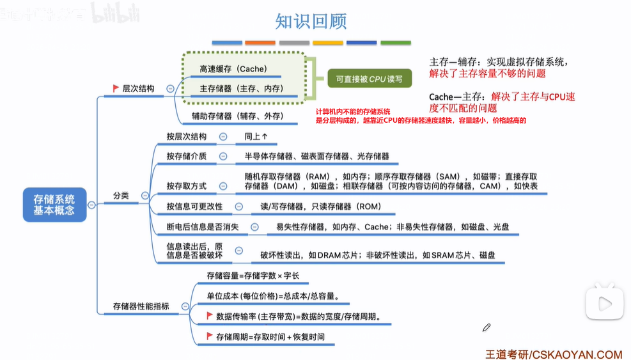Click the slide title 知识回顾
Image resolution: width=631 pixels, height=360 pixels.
pyautogui.click(x=311, y=21)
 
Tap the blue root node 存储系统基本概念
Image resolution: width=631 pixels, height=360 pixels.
pyautogui.click(x=54, y=205)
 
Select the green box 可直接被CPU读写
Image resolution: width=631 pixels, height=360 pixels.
pyautogui.click(x=369, y=79)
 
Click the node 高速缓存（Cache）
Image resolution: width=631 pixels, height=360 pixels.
pyautogui.click(x=233, y=68)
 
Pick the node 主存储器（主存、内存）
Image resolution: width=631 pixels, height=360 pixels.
pyautogui.click(x=241, y=88)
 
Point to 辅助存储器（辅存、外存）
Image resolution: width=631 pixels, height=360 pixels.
pyautogui.click(x=237, y=116)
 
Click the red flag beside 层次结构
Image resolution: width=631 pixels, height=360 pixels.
pyautogui.click(x=116, y=88)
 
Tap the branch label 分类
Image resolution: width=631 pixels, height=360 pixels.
pyautogui.click(x=121, y=195)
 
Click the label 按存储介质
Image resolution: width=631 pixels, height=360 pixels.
pyautogui.click(x=187, y=156)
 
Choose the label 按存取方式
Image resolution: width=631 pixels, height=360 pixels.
pyautogui.click(x=187, y=185)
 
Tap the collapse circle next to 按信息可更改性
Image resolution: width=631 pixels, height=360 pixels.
pyautogui.click(x=238, y=206)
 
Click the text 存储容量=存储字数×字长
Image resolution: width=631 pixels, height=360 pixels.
pyautogui.click(x=253, y=276)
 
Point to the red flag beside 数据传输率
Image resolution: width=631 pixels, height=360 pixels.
pyautogui.click(x=210, y=316)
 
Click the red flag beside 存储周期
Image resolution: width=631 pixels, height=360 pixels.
pyautogui.click(x=210, y=336)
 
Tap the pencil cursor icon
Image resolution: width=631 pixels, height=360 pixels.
pyautogui.click(x=487, y=327)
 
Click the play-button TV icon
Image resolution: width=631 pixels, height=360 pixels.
pyautogui.click(x=605, y=301)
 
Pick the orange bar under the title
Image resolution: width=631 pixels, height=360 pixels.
pyautogui.click(x=260, y=43)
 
